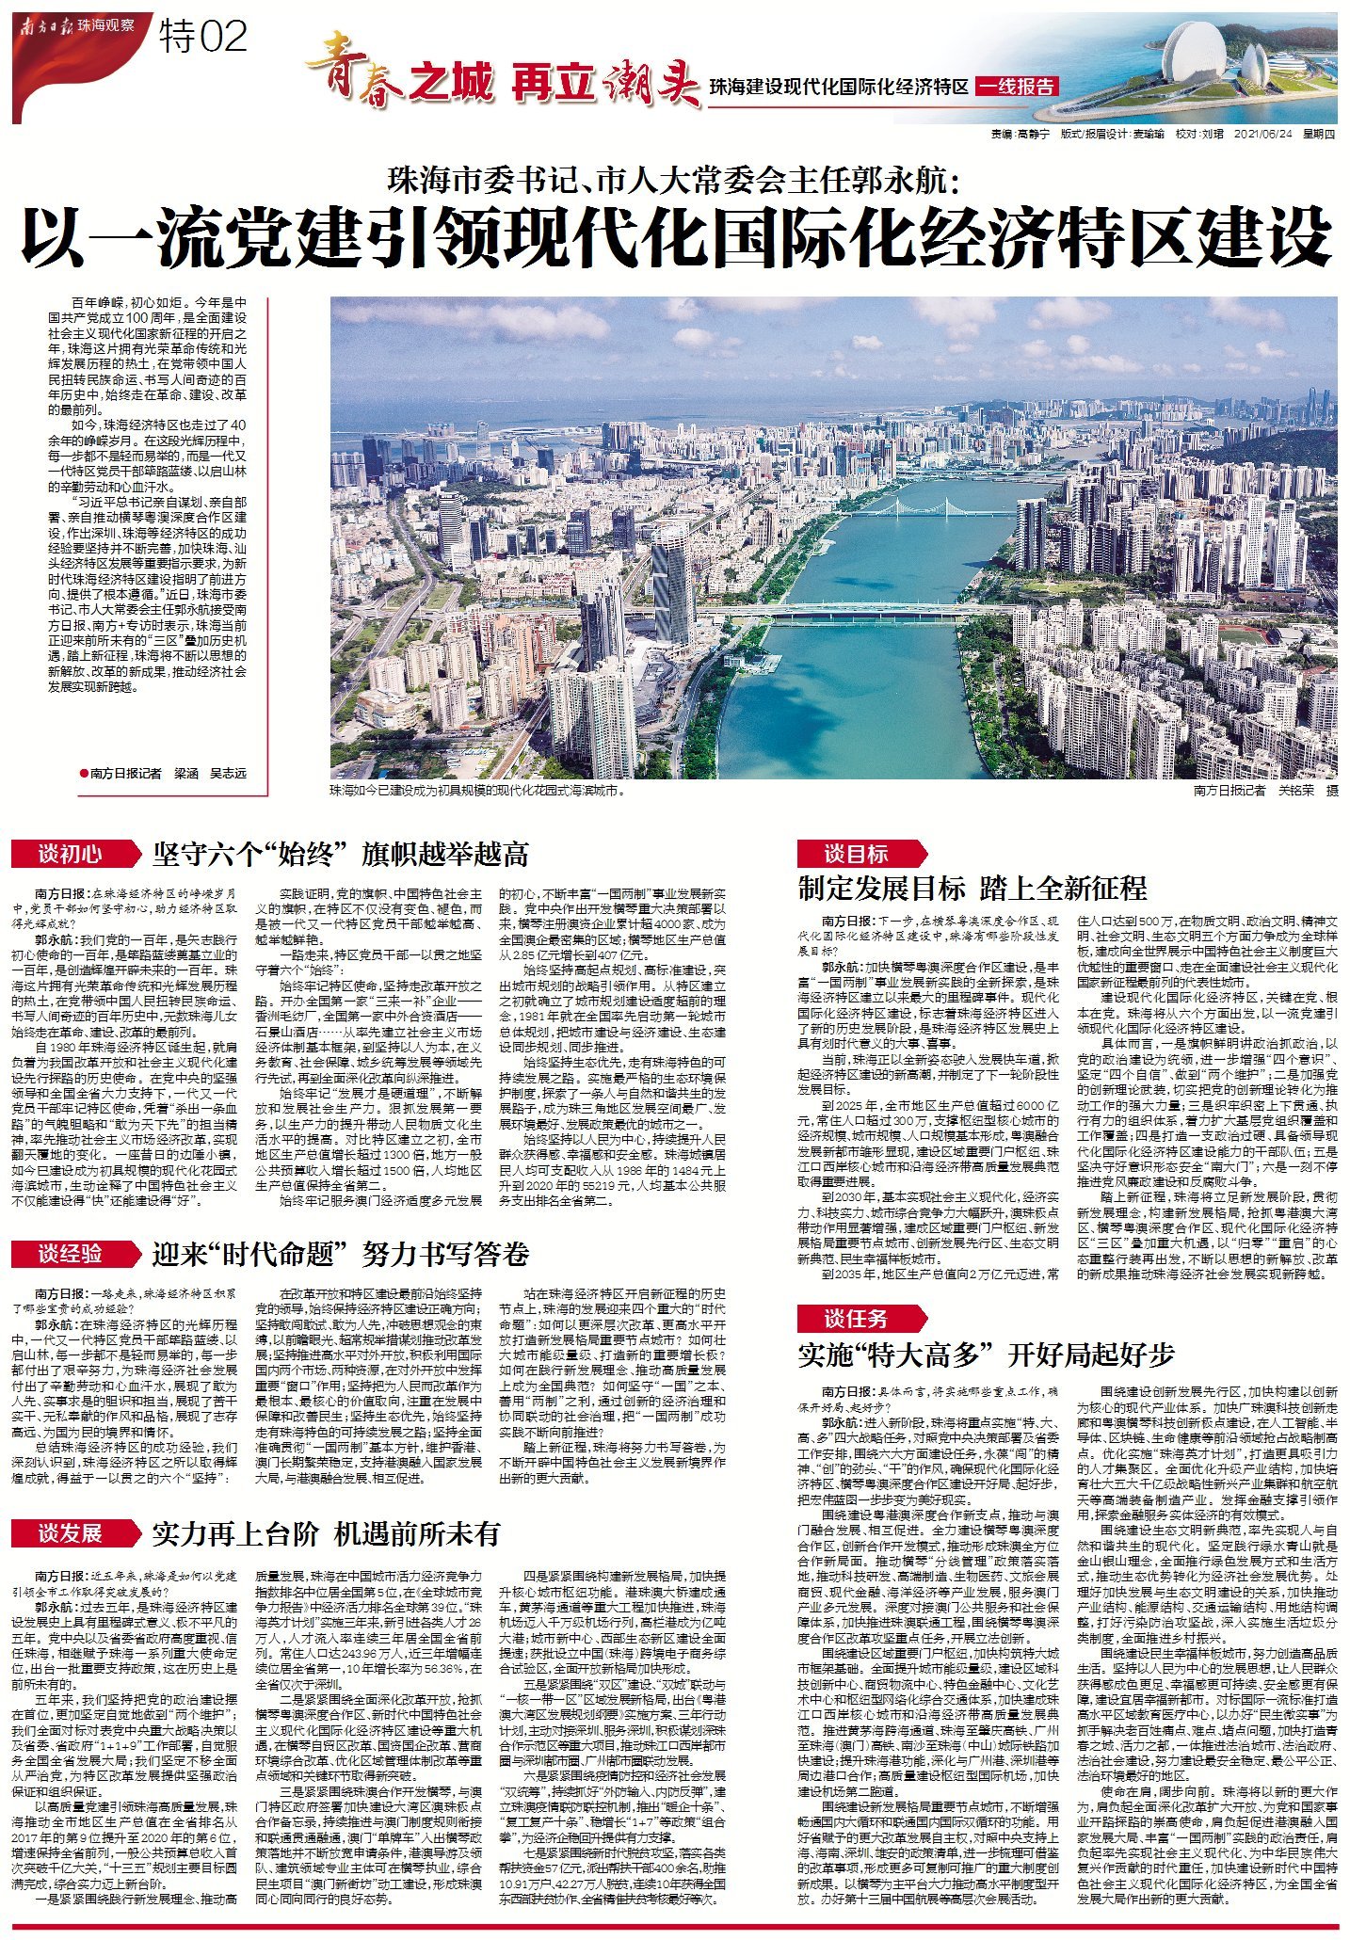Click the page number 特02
203,37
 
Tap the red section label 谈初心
71,854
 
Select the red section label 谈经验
71,1254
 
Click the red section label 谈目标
856,854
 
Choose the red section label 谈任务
856,1318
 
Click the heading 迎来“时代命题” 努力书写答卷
341,1255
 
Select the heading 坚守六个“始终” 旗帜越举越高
340,855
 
